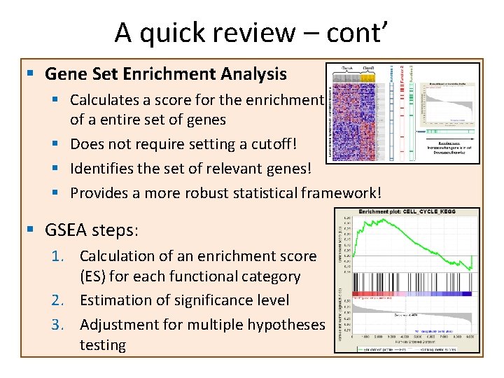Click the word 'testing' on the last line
[x=103, y=344]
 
